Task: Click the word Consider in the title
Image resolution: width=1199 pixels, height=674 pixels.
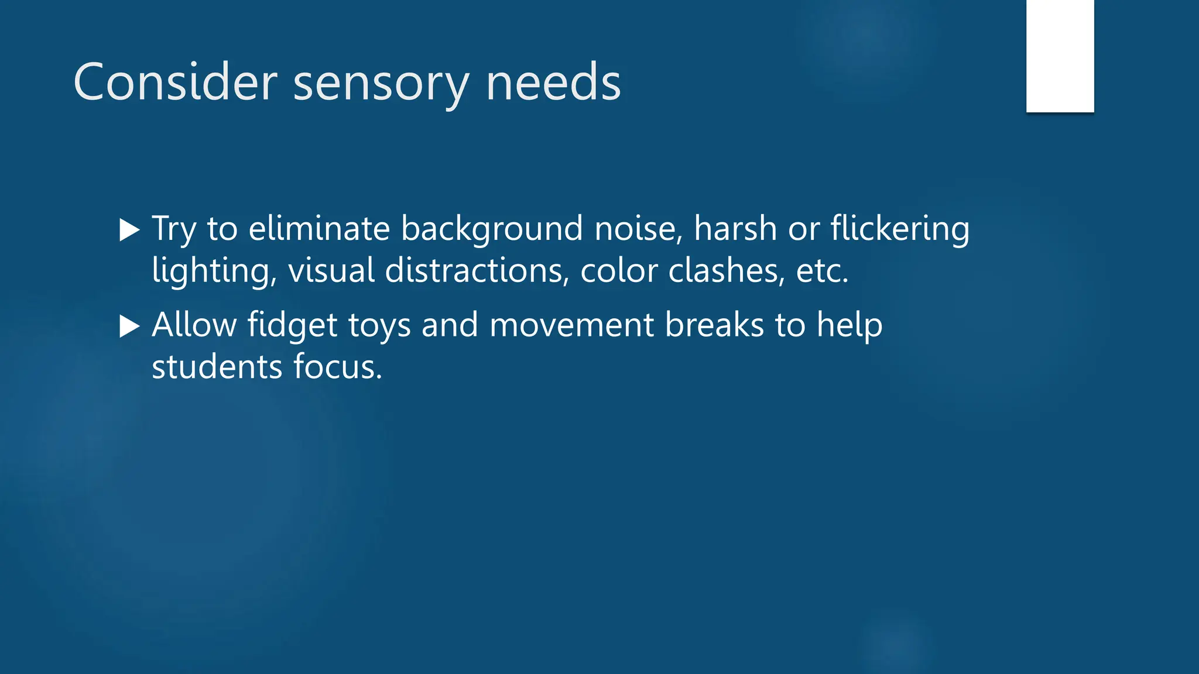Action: click(x=175, y=82)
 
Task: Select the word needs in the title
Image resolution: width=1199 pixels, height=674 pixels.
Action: click(x=553, y=82)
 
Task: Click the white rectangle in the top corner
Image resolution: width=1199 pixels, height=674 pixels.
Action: click(x=1060, y=56)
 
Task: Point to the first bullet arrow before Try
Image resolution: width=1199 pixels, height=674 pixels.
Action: click(x=129, y=230)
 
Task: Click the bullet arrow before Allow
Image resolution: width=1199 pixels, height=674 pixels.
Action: click(x=129, y=326)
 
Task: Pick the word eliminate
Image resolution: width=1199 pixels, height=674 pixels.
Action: click(x=319, y=228)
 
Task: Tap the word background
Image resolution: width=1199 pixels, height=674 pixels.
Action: click(x=492, y=229)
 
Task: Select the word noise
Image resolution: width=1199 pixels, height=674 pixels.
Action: click(x=638, y=228)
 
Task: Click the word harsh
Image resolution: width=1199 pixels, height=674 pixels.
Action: click(x=735, y=228)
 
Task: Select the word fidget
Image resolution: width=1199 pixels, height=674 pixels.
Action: click(x=292, y=325)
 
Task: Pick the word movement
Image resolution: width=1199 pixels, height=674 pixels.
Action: click(x=571, y=325)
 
